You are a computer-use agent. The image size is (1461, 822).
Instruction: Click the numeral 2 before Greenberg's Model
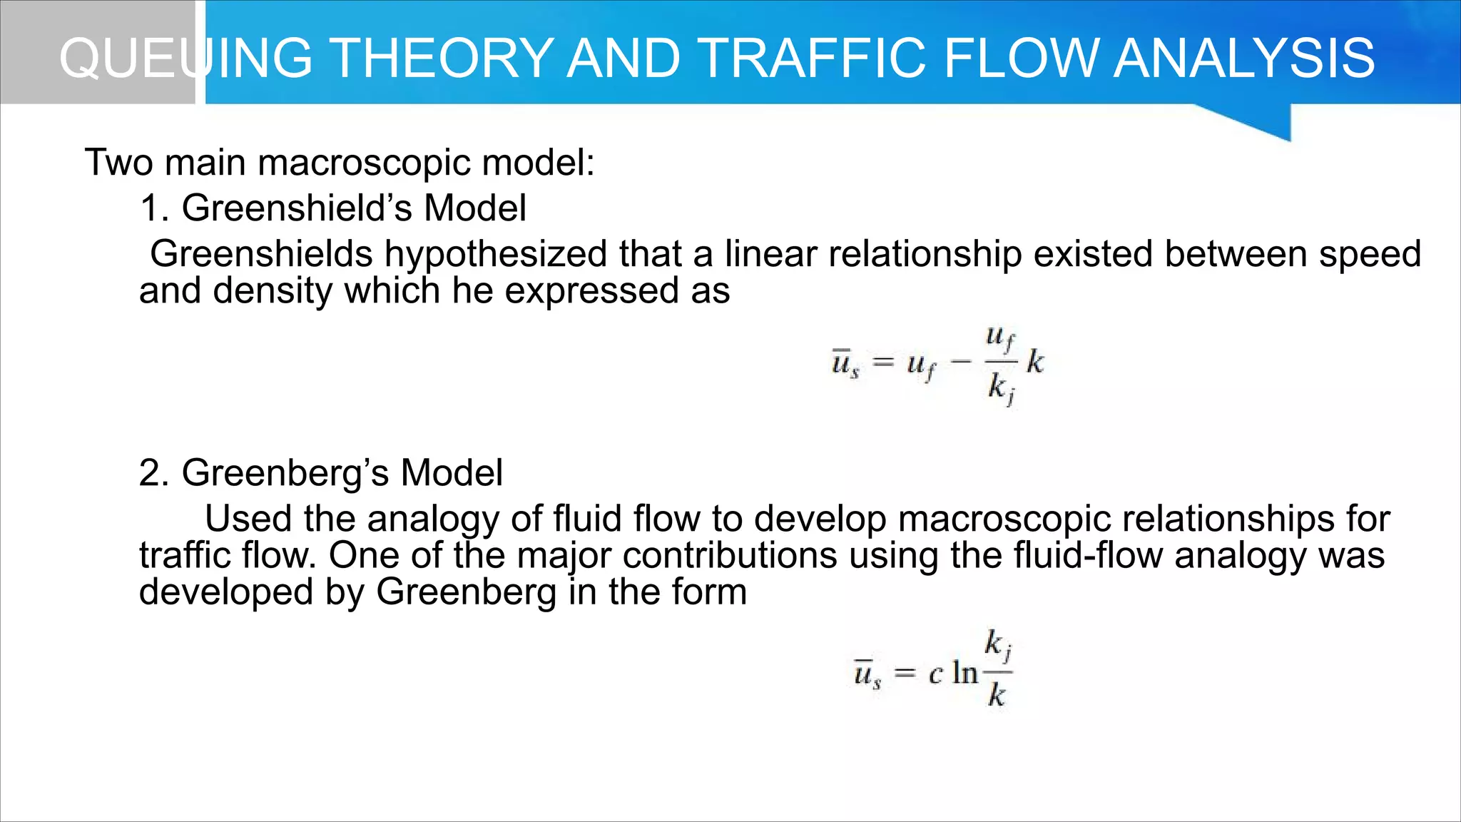152,473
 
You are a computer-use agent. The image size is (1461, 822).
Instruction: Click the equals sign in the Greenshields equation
883,362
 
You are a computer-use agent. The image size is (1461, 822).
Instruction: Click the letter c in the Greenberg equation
936,674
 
